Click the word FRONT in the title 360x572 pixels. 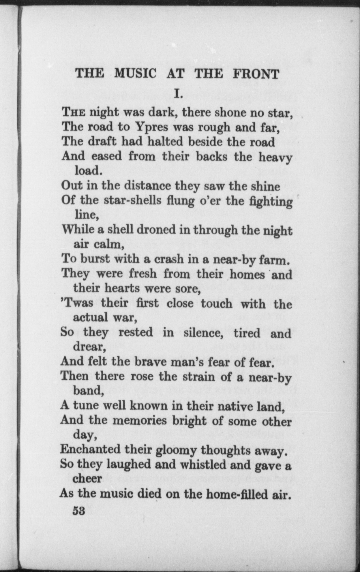256,74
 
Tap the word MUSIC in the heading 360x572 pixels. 135,74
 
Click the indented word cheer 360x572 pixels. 87,479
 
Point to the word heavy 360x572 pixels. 275,157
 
